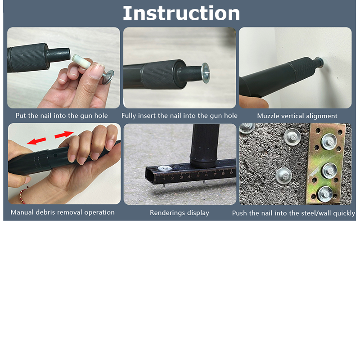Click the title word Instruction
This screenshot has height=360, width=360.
point(181,13)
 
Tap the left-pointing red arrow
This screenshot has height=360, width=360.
point(37,141)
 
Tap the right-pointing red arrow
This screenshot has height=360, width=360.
point(64,134)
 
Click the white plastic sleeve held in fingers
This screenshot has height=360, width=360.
point(81,61)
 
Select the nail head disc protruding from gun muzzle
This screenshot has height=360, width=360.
point(205,73)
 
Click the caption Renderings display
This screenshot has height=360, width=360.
point(180,213)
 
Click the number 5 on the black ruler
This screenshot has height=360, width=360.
point(198,175)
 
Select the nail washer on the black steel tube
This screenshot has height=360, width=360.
point(164,168)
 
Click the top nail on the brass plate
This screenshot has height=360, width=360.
point(329,142)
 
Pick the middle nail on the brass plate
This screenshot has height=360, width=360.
point(329,171)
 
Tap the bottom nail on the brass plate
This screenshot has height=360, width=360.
point(325,194)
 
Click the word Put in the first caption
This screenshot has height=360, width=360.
point(21,116)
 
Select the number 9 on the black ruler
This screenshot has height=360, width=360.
point(231,172)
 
